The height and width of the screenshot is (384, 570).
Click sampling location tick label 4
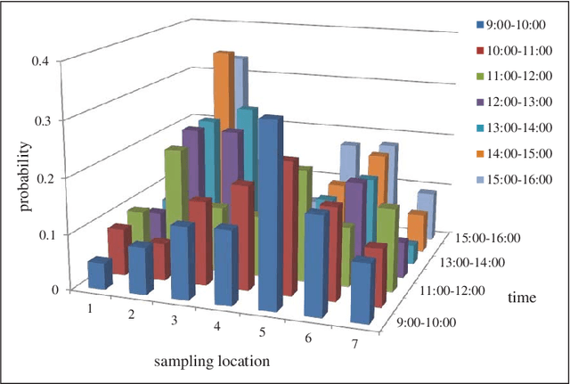(x=218, y=326)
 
